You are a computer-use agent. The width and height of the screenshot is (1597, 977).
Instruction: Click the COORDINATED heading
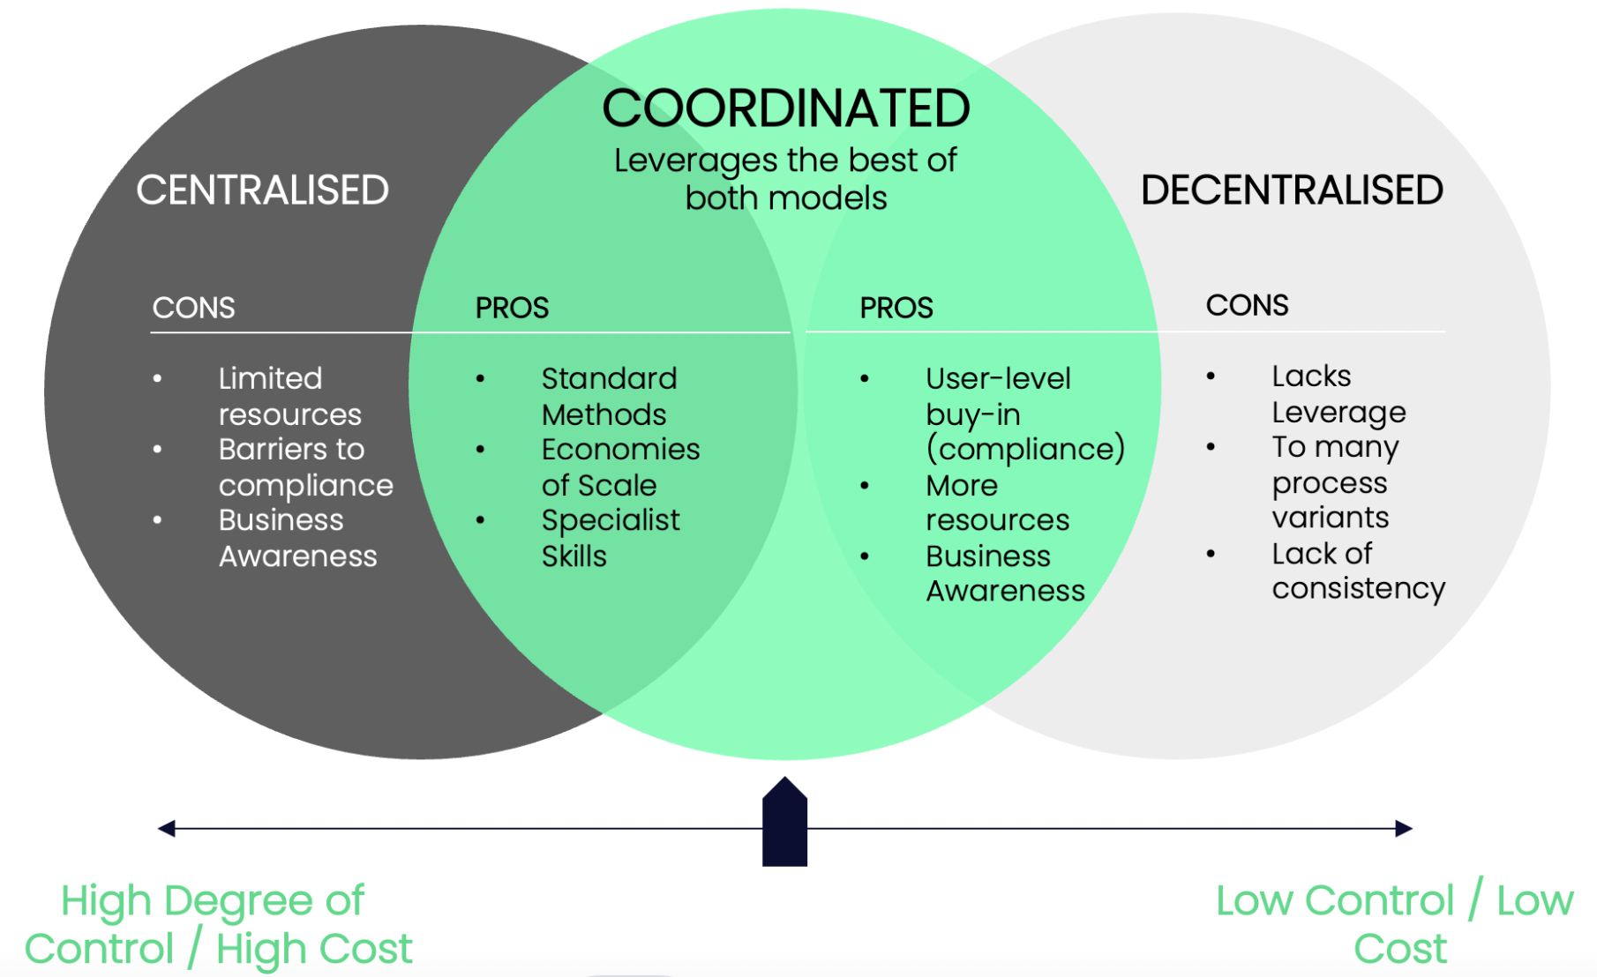point(785,109)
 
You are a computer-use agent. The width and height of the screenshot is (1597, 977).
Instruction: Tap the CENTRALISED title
point(262,190)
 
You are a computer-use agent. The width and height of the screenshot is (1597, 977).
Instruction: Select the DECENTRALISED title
point(1291,190)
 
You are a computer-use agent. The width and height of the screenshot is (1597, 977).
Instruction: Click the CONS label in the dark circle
point(193,308)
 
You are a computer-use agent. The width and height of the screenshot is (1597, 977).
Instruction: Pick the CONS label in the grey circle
point(1247,305)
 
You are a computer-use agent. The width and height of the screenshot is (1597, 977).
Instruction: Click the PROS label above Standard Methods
point(512,308)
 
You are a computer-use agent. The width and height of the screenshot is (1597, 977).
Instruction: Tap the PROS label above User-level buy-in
point(896,308)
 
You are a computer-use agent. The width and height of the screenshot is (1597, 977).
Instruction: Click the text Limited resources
point(289,396)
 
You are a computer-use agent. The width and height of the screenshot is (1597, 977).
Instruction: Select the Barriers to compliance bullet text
point(304,467)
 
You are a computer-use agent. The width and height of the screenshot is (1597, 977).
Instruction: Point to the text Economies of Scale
point(619,467)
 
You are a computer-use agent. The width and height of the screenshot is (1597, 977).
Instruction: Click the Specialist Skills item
point(609,538)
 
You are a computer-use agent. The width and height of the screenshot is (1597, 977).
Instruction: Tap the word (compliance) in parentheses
point(1025,449)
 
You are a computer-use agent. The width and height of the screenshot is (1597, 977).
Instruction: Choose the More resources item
point(996,503)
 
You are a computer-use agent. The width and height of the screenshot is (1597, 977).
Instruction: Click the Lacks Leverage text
point(1338,394)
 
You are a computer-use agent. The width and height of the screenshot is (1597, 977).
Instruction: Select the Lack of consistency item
point(1357,571)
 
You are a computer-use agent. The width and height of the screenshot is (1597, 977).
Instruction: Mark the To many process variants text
point(1333,482)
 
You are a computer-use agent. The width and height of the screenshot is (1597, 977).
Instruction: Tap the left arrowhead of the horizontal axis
point(166,828)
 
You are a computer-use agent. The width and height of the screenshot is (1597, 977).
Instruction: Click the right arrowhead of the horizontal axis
point(1404,828)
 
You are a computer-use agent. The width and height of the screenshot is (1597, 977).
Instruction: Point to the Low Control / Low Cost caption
point(1394,924)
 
